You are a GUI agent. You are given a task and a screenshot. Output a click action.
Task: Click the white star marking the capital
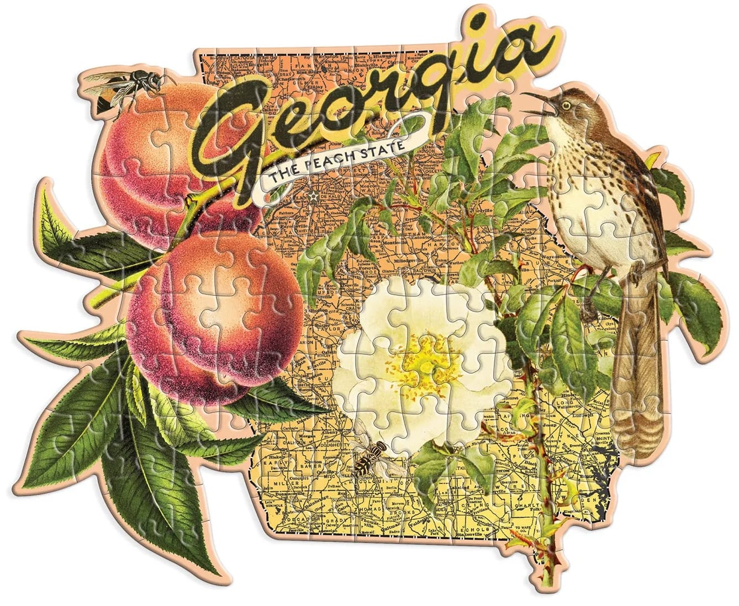[x=315, y=197]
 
